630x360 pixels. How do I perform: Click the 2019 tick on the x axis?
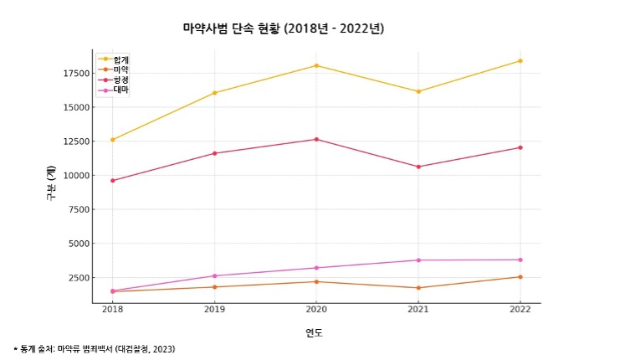click(214, 310)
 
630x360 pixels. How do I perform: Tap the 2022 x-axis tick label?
click(520, 310)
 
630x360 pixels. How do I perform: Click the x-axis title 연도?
click(314, 332)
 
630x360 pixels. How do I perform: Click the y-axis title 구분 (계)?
click(51, 183)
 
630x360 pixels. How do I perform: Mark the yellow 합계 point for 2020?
click(316, 65)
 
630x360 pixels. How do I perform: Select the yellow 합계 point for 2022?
click(520, 60)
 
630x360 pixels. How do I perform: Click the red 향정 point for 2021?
click(418, 167)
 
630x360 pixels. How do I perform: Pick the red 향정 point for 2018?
click(112, 180)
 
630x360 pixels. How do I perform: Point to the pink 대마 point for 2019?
click(214, 275)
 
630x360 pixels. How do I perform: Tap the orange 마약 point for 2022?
click(520, 277)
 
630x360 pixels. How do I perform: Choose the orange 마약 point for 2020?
click(316, 281)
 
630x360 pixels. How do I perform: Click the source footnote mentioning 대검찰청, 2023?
click(94, 348)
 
